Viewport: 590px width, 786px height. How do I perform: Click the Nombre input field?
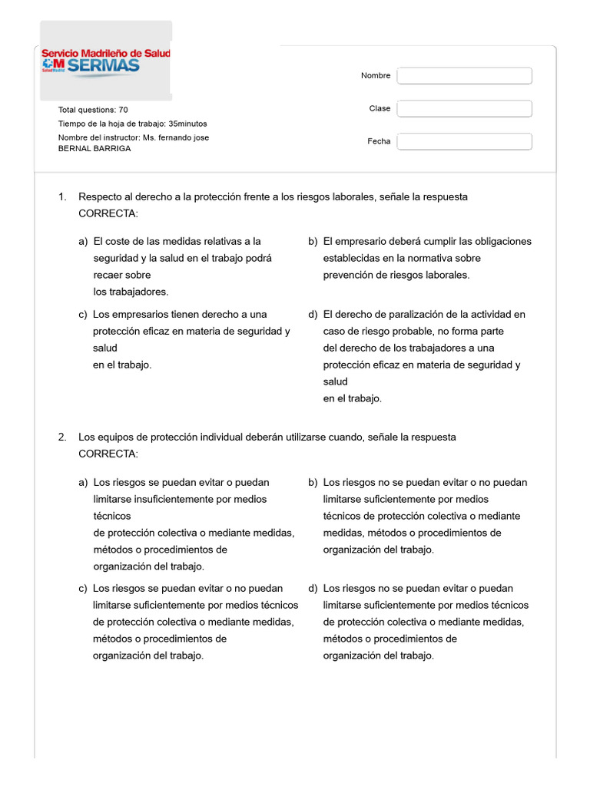point(464,76)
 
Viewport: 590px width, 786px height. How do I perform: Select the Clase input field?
point(464,108)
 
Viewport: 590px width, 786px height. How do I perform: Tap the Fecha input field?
point(464,141)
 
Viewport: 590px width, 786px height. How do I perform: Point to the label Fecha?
point(379,141)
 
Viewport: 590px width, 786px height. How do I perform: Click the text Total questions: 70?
point(93,110)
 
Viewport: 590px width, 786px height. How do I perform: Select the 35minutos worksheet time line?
point(132,124)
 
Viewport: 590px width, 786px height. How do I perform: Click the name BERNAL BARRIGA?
point(94,148)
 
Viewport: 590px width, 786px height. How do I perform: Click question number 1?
point(62,197)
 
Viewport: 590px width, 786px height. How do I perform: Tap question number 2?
point(62,437)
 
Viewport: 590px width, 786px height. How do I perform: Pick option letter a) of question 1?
point(83,241)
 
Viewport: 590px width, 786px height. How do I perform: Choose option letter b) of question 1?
point(313,241)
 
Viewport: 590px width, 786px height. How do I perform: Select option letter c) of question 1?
point(83,314)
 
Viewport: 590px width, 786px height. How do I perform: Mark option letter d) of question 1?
point(313,314)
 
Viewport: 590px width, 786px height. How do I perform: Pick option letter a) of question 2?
point(83,483)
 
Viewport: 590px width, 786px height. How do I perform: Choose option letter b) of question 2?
point(313,483)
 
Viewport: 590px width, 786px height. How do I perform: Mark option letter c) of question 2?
point(83,588)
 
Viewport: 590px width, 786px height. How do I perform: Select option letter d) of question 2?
point(313,588)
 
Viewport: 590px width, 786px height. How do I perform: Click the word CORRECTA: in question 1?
point(108,213)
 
